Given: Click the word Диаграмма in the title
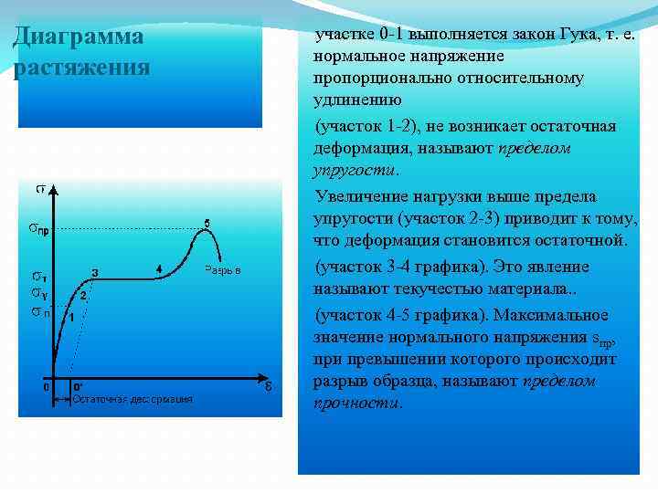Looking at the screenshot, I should pyautogui.click(x=79, y=37).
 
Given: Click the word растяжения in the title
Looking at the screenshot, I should pyautogui.click(x=82, y=68).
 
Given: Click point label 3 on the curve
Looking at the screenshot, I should pyautogui.click(x=95, y=270).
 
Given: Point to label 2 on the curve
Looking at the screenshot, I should pyautogui.click(x=83, y=295).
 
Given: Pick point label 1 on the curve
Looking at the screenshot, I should pyautogui.click(x=71, y=316).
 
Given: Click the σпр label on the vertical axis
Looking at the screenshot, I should pyautogui.click(x=39, y=229).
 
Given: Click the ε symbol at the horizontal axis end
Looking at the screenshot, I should pyautogui.click(x=267, y=385).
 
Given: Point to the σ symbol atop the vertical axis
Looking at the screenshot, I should pyautogui.click(x=41, y=189).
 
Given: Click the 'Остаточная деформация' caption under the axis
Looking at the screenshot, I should pyautogui.click(x=133, y=399).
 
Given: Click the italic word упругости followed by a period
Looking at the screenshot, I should pyautogui.click(x=354, y=170).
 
